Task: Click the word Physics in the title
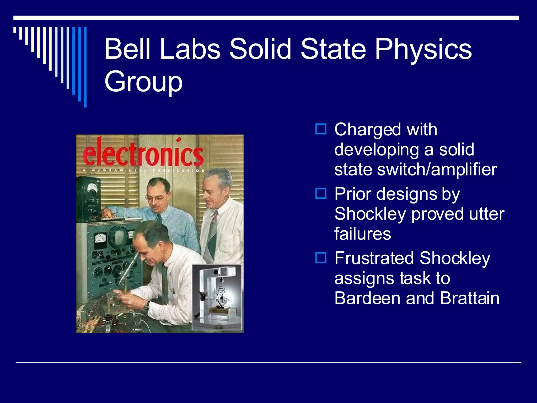click(423, 49)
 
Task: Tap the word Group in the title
click(143, 82)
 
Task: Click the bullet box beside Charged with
click(321, 129)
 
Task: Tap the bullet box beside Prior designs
click(321, 193)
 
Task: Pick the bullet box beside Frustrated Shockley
click(321, 258)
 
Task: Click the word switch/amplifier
click(437, 169)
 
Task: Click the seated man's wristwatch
click(147, 306)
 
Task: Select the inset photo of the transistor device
click(217, 297)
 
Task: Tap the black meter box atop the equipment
click(89, 199)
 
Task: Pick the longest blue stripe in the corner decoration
click(85, 67)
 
